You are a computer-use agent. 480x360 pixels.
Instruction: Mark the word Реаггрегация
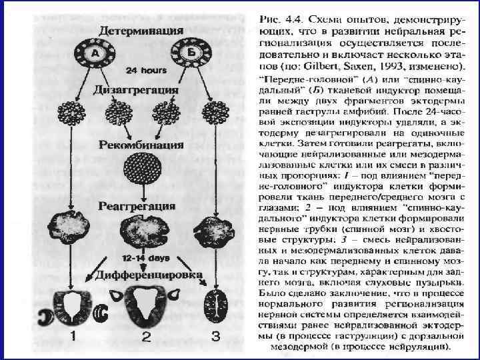138,205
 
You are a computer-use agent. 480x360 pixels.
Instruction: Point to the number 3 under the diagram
215,337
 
